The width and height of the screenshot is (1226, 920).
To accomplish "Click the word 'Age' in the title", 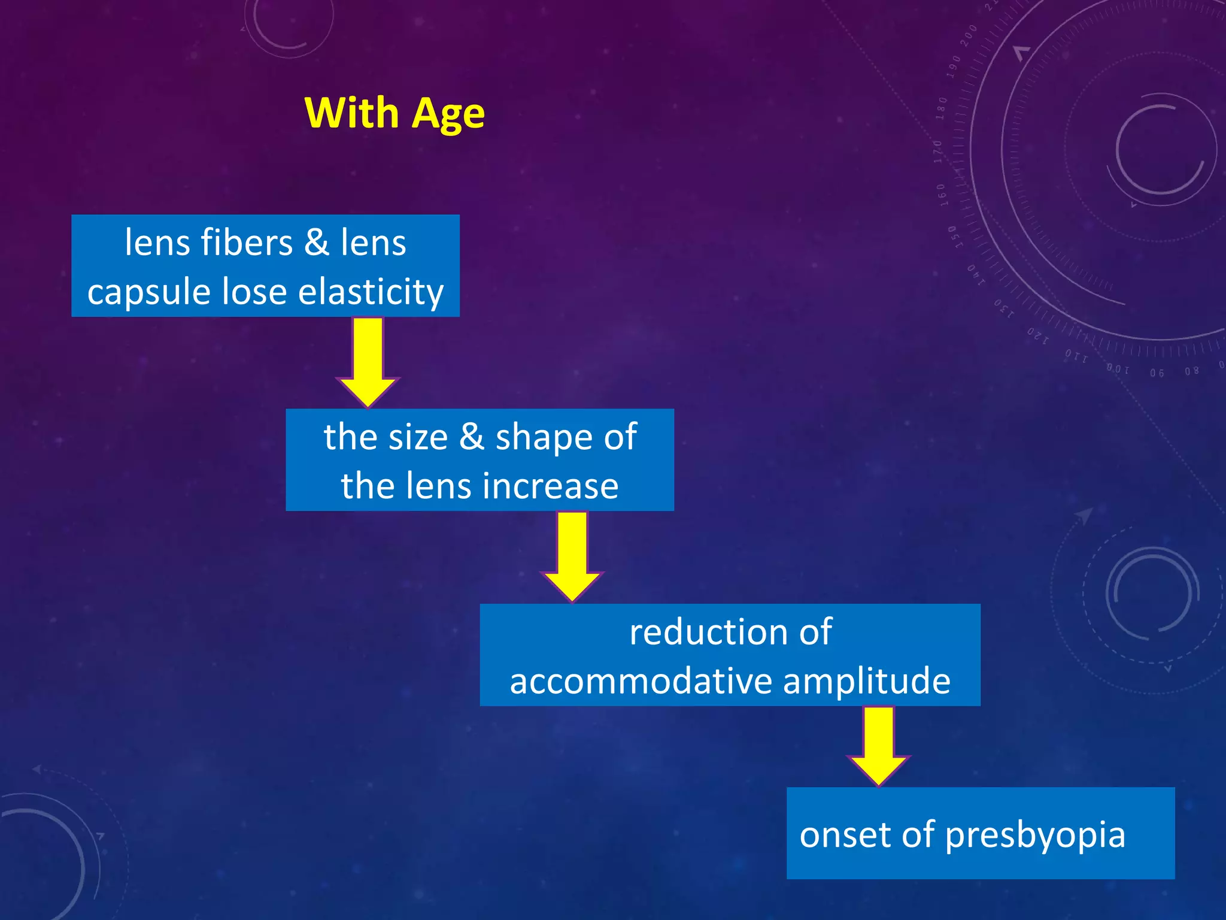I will click(x=448, y=114).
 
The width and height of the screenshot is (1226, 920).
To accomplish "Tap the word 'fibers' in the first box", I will click(x=247, y=243).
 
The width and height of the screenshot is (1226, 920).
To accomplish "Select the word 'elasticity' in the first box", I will click(x=371, y=292).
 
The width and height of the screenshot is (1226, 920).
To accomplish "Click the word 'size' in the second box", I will click(x=418, y=437).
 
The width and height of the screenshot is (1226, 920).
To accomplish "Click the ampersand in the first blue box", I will click(x=317, y=243).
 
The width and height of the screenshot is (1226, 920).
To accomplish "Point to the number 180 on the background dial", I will click(x=942, y=108).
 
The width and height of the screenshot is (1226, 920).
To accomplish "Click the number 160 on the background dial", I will click(x=942, y=195).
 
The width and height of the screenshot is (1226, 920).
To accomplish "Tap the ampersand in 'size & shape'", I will click(x=472, y=437).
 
